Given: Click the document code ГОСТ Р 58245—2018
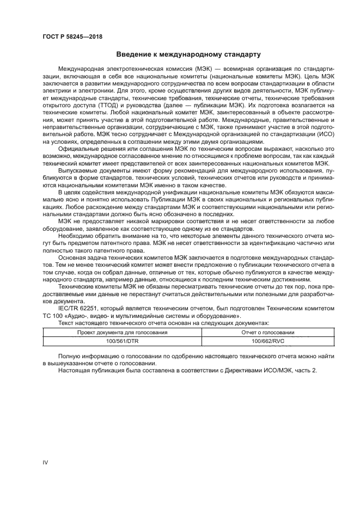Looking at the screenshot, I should tap(72, 36).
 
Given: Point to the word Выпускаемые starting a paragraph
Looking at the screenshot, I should tap(80, 170).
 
